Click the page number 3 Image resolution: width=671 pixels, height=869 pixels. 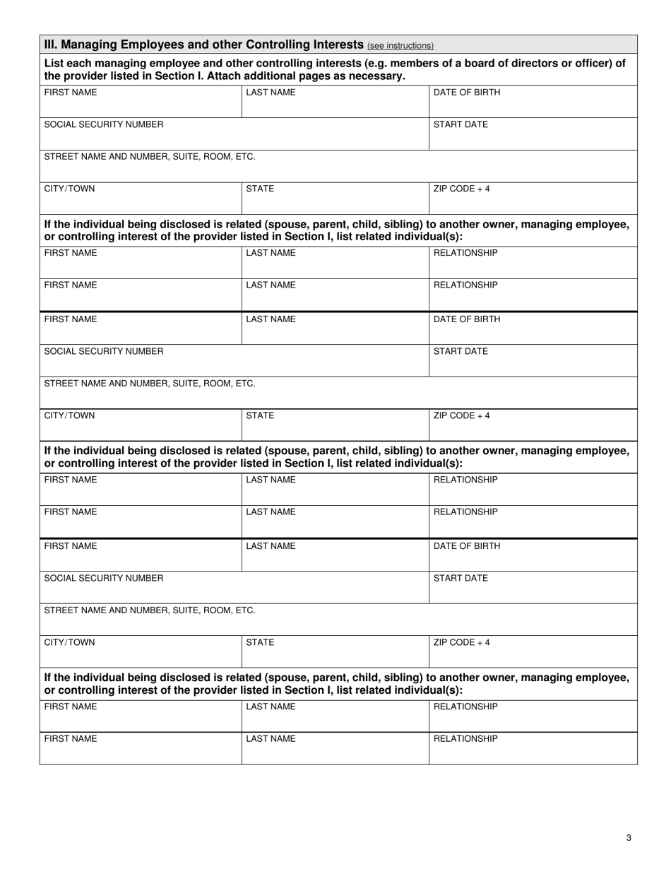coord(629,838)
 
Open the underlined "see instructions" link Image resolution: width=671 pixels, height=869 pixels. coord(400,46)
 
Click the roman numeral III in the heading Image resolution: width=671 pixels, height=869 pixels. coord(50,45)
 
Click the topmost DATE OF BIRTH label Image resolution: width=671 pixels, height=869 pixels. coord(466,93)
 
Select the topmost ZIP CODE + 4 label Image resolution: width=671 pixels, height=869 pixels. coord(461,189)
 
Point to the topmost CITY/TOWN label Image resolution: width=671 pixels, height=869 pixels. coord(69,189)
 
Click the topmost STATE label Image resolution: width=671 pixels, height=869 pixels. coord(260,189)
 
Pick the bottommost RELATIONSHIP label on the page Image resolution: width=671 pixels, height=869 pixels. coord(465,739)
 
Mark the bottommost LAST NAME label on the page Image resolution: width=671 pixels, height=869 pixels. coord(271,739)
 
